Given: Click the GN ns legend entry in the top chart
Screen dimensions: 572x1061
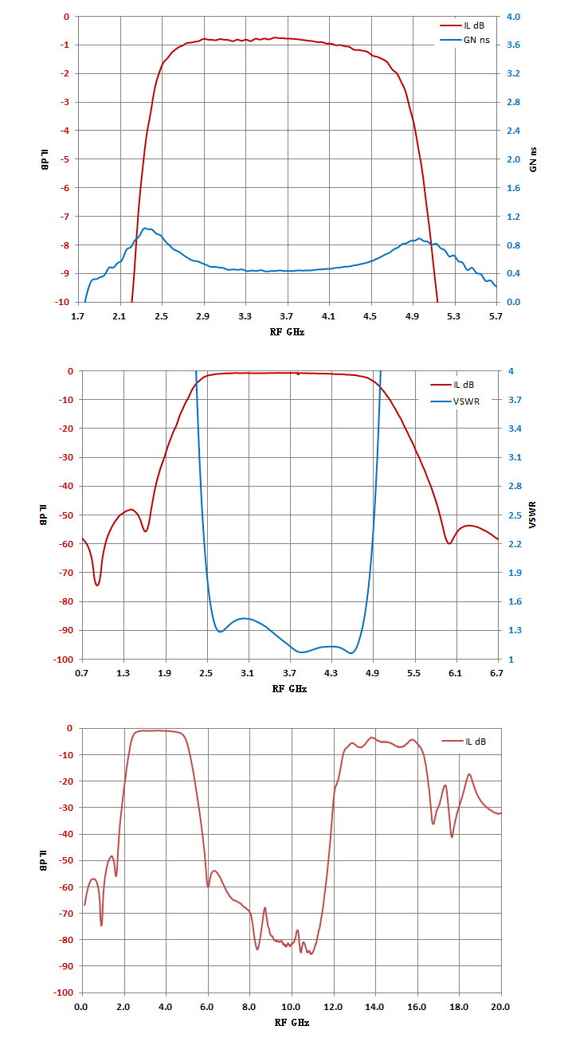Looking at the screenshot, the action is point(464,41).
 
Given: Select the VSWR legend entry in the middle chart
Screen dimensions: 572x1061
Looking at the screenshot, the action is point(455,401).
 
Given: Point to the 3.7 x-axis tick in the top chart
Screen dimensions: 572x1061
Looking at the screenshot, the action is point(286,316).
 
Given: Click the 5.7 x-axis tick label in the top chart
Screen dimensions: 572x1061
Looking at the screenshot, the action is point(496,316).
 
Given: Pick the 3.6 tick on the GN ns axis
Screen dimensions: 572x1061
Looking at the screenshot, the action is point(513,45).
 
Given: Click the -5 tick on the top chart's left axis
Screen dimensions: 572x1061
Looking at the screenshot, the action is point(64,159).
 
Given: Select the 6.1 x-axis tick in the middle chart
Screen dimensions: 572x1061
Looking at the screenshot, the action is point(456,673).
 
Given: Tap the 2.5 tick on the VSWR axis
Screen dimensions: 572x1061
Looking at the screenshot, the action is point(515,515).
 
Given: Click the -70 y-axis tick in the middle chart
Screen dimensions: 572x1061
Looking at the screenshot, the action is point(65,573).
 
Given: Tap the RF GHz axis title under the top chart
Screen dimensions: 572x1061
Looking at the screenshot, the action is point(287,332).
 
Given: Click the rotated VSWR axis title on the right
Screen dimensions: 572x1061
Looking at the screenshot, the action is point(533,515).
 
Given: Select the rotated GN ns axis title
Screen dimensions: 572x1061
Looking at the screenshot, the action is point(533,159).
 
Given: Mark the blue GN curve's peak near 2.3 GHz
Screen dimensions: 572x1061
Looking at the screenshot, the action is point(146,229).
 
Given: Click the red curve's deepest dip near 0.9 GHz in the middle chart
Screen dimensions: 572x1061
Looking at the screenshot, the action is point(97,585).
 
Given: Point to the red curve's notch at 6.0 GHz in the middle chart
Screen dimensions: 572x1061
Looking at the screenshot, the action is point(449,543).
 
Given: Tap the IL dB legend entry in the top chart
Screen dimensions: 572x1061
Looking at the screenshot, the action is point(462,25).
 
